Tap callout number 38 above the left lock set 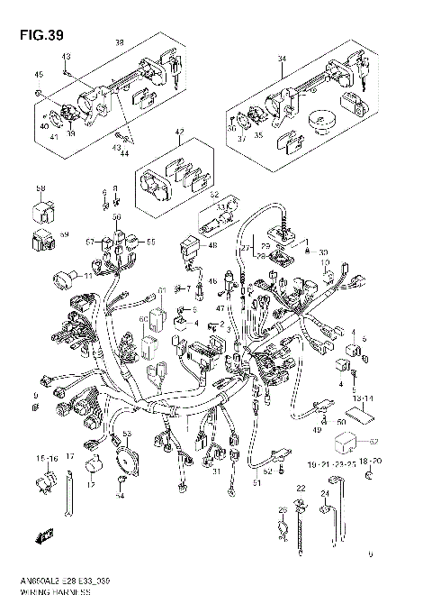click(x=119, y=42)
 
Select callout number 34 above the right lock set click(x=281, y=59)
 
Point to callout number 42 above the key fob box click(x=178, y=133)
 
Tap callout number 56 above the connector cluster click(x=117, y=217)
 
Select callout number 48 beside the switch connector click(x=212, y=245)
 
